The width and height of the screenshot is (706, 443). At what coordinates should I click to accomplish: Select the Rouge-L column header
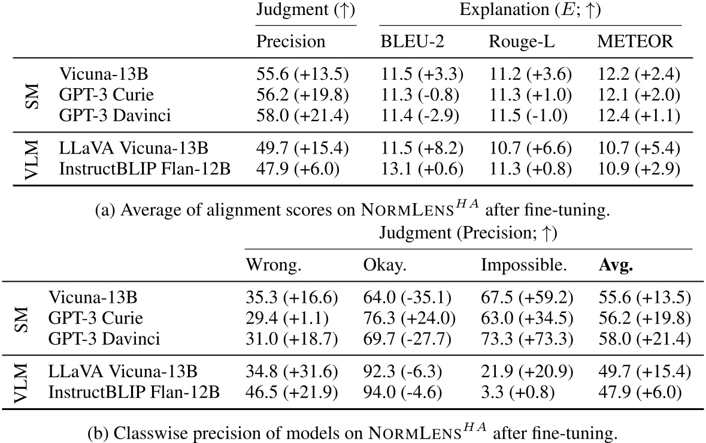pyautogui.click(x=514, y=41)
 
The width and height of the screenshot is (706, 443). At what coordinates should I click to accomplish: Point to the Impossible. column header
pyautogui.click(x=514, y=265)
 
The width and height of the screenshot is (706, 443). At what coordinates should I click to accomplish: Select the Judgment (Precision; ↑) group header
pyautogui.click(x=468, y=233)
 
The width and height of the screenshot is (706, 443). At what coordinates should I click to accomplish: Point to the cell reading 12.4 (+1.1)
pyautogui.click(x=639, y=114)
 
